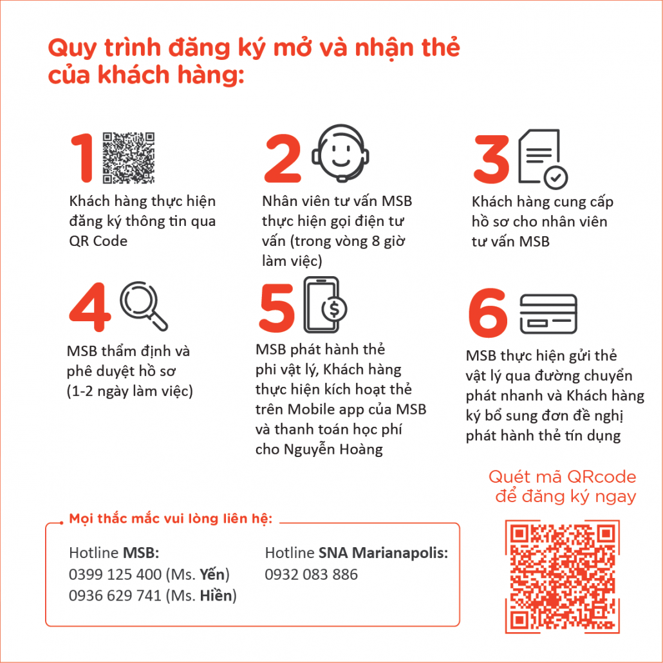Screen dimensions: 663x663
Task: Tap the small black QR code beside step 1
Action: click(x=129, y=158)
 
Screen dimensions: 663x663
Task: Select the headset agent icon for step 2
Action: click(x=341, y=153)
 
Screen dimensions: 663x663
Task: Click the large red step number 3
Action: click(x=492, y=160)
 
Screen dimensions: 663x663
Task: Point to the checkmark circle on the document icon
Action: click(x=556, y=178)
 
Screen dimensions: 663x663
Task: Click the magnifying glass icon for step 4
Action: click(x=144, y=306)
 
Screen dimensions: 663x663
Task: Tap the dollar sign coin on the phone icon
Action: click(x=335, y=309)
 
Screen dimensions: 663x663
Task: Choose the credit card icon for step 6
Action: click(x=548, y=314)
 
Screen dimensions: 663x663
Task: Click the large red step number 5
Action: click(x=277, y=308)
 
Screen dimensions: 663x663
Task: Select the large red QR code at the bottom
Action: click(x=563, y=577)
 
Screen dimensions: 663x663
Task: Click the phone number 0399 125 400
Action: click(x=115, y=575)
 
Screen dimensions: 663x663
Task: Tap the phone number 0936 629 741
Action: click(x=115, y=596)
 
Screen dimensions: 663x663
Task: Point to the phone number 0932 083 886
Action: click(x=311, y=575)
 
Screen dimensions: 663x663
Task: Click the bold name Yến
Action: click(x=212, y=574)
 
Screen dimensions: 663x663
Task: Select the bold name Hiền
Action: click(x=216, y=595)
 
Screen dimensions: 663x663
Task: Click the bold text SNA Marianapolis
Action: click(x=383, y=553)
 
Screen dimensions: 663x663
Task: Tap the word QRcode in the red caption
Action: click(x=601, y=477)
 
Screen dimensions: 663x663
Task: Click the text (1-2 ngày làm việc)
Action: click(x=130, y=391)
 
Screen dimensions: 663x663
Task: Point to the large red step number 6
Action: click(x=487, y=313)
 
